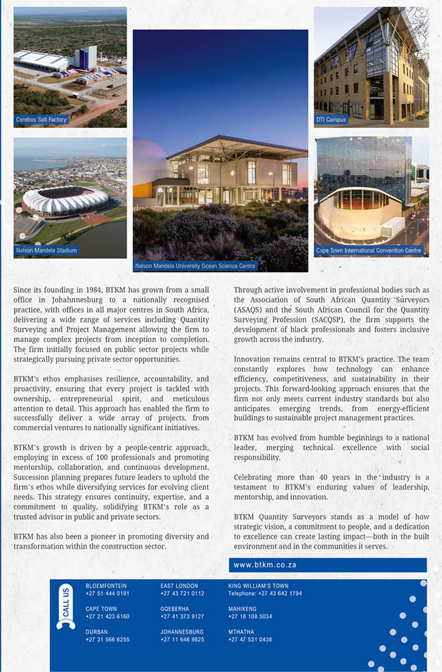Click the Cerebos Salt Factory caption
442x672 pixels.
pyautogui.click(x=42, y=119)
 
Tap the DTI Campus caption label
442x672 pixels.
pyautogui.click(x=331, y=119)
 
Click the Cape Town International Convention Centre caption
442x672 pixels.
pyautogui.click(x=369, y=250)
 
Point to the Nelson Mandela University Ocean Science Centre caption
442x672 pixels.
pyautogui.click(x=195, y=266)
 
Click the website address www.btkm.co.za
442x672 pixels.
pyautogui.click(x=265, y=565)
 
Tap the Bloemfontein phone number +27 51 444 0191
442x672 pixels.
pyautogui.click(x=107, y=594)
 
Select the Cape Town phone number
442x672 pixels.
pyautogui.click(x=107, y=616)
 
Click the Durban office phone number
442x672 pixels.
pyautogui.click(x=107, y=639)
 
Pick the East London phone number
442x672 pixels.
pyautogui.click(x=182, y=594)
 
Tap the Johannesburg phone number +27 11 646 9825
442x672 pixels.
pyautogui.click(x=182, y=639)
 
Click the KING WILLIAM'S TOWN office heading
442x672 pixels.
pyautogui.click(x=258, y=586)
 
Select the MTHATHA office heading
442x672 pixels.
pyautogui.click(x=241, y=631)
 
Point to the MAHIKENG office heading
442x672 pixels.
pyautogui.click(x=243, y=608)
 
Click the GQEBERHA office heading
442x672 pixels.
pyautogui.click(x=175, y=608)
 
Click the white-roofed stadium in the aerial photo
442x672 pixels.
pyautogui.click(x=65, y=200)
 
